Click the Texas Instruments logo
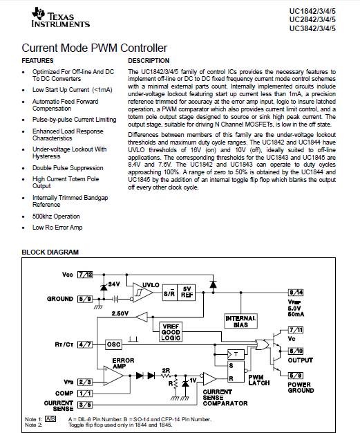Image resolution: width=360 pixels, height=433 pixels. (60, 18)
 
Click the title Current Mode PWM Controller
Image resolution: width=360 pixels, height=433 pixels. (95, 48)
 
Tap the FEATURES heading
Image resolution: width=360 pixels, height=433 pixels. (37, 61)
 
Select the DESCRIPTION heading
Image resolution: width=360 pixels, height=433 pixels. (149, 61)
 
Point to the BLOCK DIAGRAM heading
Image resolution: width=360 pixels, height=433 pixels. (50, 252)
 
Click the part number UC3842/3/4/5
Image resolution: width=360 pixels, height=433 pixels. (312, 28)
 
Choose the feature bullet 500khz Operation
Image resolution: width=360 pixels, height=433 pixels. (56, 217)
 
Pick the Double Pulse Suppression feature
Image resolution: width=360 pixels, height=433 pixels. (68, 168)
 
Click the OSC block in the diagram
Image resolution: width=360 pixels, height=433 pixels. (113, 344)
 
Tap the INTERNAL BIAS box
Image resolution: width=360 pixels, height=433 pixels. (241, 321)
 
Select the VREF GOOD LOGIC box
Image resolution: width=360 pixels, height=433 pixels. (171, 332)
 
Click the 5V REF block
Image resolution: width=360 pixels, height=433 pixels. (187, 292)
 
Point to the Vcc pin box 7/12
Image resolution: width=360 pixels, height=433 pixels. (85, 275)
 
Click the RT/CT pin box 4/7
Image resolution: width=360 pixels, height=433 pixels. (85, 344)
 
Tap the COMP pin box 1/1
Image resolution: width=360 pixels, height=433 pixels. (85, 394)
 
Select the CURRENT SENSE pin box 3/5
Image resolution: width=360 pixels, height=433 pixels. (85, 405)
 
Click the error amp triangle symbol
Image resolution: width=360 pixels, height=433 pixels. (113, 376)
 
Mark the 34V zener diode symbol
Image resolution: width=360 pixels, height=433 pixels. (104, 287)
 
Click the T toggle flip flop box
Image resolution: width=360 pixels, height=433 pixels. (236, 354)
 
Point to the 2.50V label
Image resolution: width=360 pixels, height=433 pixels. (120, 313)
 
